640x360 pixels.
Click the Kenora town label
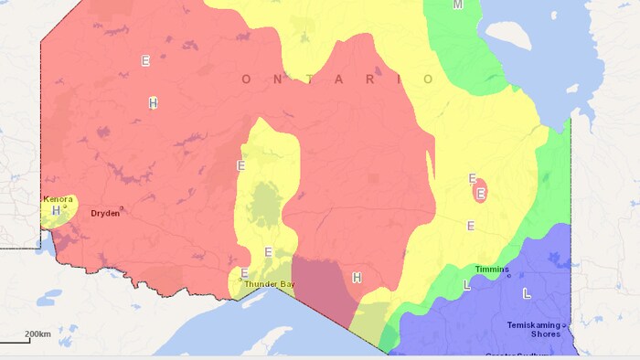[58, 198]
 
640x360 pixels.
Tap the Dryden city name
[104, 214]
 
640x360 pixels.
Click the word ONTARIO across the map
[338, 79]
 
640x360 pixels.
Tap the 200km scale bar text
[37, 334]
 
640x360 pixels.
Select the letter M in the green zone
[458, 5]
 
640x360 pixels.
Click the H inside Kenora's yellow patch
[56, 210]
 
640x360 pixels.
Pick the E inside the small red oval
[480, 193]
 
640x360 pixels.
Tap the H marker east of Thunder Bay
[357, 278]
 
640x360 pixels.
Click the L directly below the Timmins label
[468, 286]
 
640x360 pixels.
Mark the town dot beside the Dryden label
[121, 209]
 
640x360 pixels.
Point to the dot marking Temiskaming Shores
[564, 325]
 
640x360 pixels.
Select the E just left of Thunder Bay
[244, 273]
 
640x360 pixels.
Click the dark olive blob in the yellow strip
[265, 205]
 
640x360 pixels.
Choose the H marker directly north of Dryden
[154, 103]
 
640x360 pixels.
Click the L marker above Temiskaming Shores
[526, 293]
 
